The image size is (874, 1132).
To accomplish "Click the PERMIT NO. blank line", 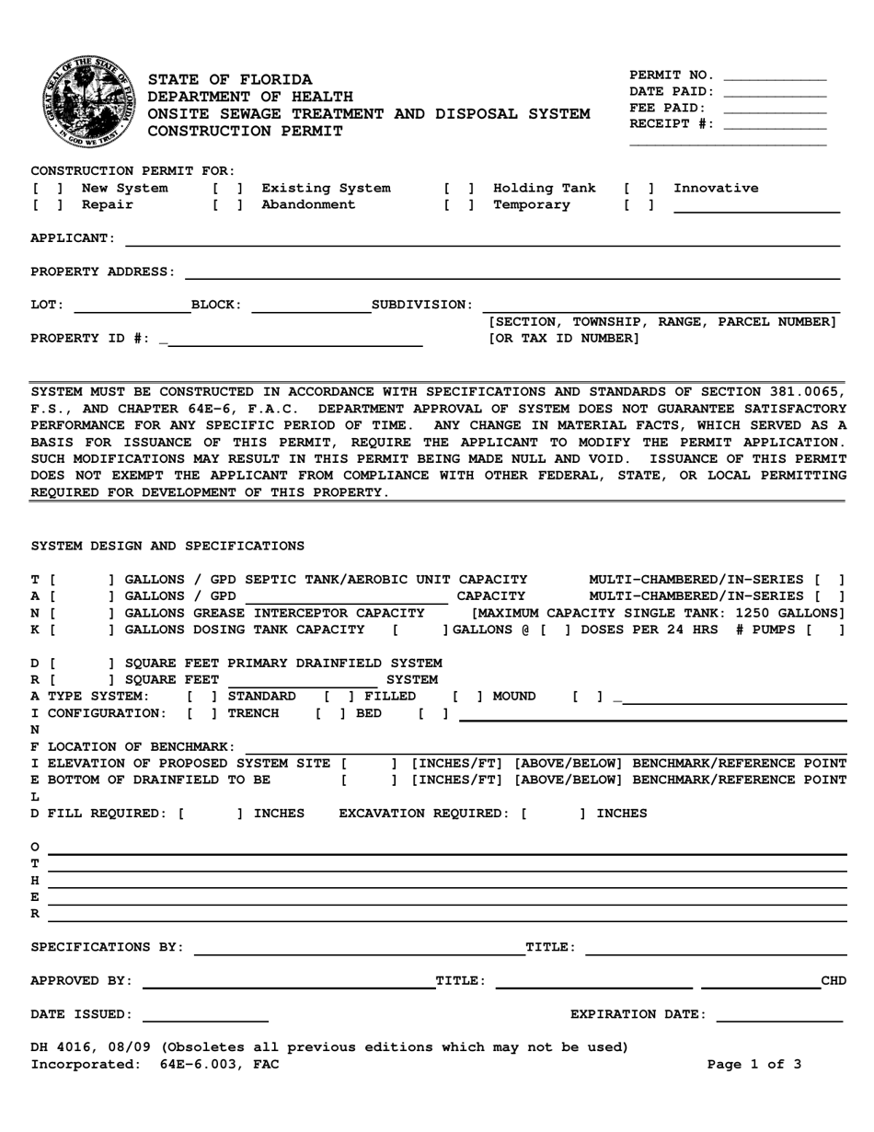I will coord(775,76).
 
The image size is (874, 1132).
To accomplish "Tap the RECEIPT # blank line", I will coord(775,125).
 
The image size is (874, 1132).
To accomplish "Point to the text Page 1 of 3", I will coord(753,1065).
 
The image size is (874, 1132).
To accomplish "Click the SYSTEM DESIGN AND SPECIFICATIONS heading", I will coord(167,546).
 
